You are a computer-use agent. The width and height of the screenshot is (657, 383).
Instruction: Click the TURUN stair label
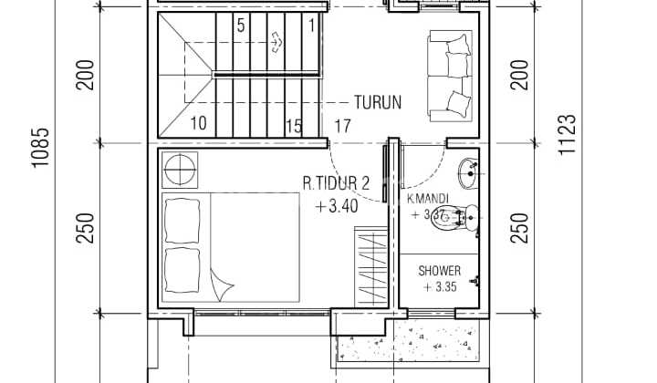[x=378, y=102]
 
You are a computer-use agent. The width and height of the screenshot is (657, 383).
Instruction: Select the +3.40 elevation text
[x=337, y=206]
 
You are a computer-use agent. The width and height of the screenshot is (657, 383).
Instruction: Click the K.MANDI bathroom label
[x=426, y=198]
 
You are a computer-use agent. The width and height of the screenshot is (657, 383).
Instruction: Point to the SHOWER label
[x=439, y=271]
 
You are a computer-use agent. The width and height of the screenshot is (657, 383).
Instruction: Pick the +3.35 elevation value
[x=440, y=287]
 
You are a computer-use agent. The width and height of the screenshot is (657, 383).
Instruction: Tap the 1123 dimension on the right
[x=567, y=135]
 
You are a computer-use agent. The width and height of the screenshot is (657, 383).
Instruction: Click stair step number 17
[x=343, y=126]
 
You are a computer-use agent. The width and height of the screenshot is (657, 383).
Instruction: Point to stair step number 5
[x=241, y=26]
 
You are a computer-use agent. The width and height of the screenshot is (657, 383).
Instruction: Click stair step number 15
[x=294, y=126]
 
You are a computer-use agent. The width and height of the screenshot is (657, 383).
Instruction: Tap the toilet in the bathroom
[x=467, y=216]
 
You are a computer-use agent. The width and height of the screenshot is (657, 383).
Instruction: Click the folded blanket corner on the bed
[x=220, y=284]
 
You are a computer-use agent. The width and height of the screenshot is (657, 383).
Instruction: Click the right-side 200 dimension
[x=520, y=74]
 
